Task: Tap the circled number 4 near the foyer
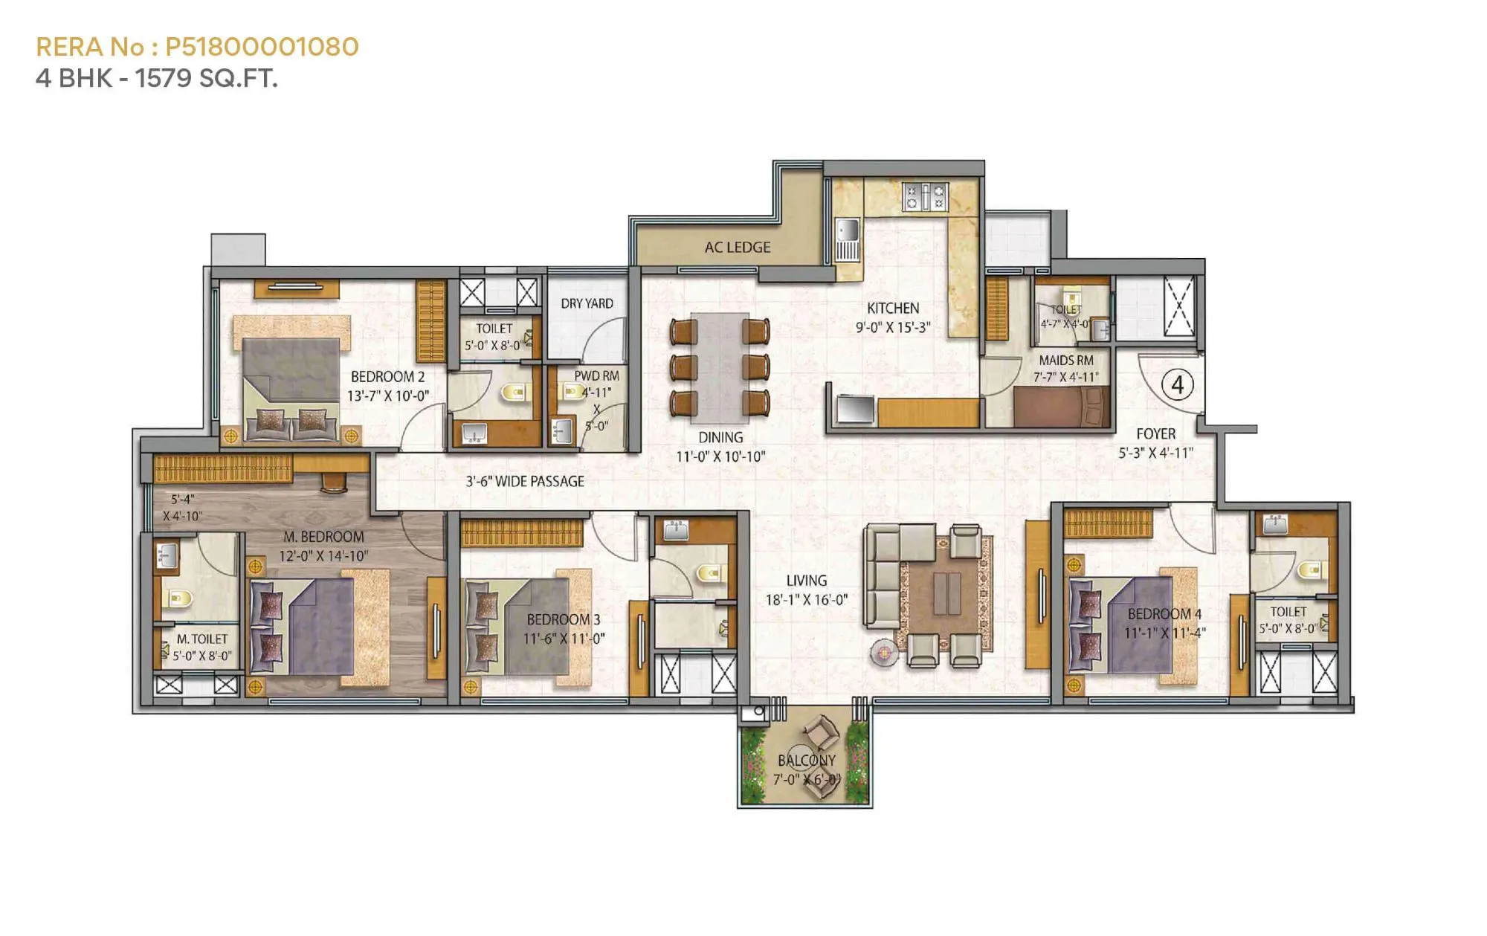[x=1178, y=385]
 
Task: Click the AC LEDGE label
[x=737, y=248]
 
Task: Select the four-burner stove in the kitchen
[x=925, y=197]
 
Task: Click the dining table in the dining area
[x=719, y=367]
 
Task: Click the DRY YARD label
[x=587, y=303]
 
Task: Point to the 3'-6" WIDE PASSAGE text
[x=525, y=482]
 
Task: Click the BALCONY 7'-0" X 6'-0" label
[x=806, y=769]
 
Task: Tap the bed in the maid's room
[x=1059, y=407]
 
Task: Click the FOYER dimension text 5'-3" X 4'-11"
[x=1155, y=453]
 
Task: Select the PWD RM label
[x=596, y=375]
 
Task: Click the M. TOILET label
[x=202, y=639]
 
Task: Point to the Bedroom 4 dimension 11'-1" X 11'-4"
[x=1164, y=633]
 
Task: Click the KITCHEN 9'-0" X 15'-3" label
[x=893, y=317]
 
